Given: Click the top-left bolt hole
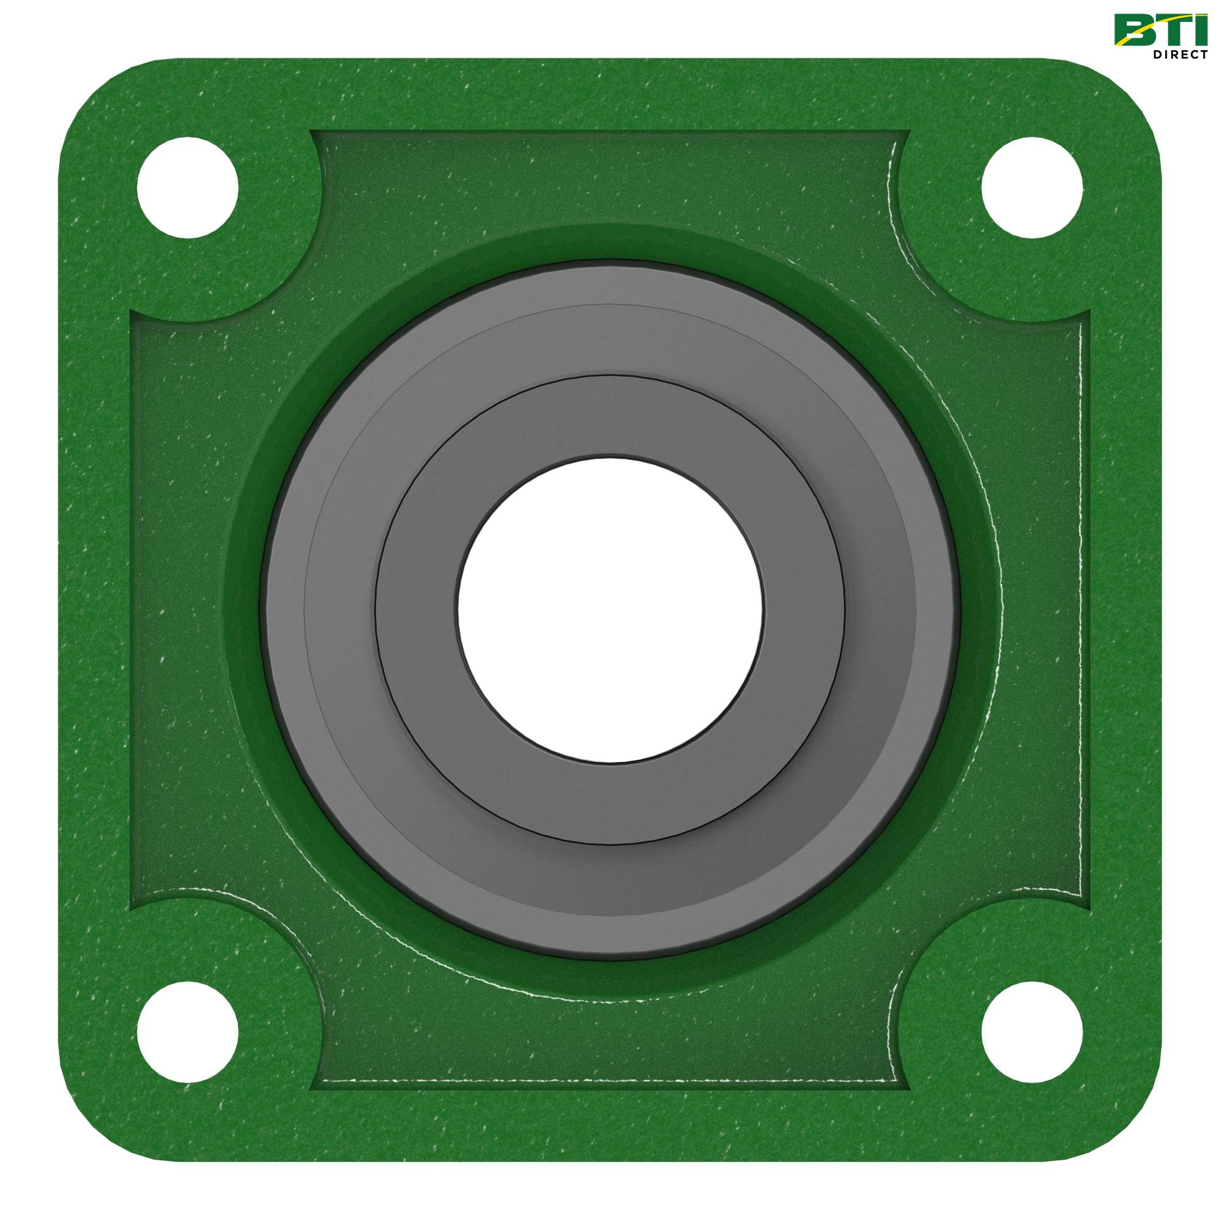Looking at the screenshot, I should (187, 187).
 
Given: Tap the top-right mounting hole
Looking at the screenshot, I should (1032, 187).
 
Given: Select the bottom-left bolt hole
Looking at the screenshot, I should (187, 1032).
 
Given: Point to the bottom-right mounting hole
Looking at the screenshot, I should (1032, 1032).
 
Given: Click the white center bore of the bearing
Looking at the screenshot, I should (610, 610).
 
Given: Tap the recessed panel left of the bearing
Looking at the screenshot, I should (177, 610).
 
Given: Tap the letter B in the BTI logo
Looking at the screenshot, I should (1136, 29).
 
